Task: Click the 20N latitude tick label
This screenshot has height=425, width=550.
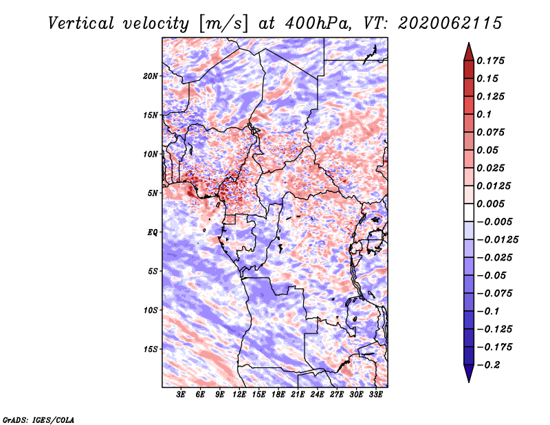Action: pyautogui.click(x=151, y=76)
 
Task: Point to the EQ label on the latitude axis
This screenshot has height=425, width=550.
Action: pyautogui.click(x=152, y=232)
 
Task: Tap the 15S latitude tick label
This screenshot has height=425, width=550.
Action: pyautogui.click(x=151, y=349)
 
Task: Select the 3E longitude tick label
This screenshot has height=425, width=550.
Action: pyautogui.click(x=181, y=394)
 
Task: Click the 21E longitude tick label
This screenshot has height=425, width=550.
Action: pyautogui.click(x=298, y=394)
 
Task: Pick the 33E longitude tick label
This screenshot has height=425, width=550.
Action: pyautogui.click(x=375, y=394)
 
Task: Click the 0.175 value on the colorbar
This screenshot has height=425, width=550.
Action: pyautogui.click(x=490, y=61)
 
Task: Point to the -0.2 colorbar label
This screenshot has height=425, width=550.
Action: pyautogui.click(x=488, y=365)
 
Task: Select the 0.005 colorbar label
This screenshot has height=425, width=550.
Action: pyautogui.click(x=490, y=204)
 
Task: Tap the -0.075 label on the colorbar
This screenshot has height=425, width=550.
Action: pyautogui.click(x=494, y=294)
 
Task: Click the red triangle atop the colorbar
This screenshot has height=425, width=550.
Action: pyautogui.click(x=469, y=52)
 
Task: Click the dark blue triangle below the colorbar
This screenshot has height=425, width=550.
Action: pyautogui.click(x=469, y=373)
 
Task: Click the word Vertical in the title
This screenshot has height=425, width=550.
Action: pyautogui.click(x=81, y=23)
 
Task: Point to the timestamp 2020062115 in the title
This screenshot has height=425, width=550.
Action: pyautogui.click(x=450, y=23)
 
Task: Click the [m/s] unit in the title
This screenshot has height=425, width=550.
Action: pyautogui.click(x=223, y=24)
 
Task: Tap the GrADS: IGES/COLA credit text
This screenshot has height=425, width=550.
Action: pyautogui.click(x=38, y=420)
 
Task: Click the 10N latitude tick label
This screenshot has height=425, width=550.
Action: pyautogui.click(x=151, y=154)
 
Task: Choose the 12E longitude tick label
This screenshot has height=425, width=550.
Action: pyautogui.click(x=239, y=394)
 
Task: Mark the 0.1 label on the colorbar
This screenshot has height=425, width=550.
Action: pyautogui.click(x=484, y=114)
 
